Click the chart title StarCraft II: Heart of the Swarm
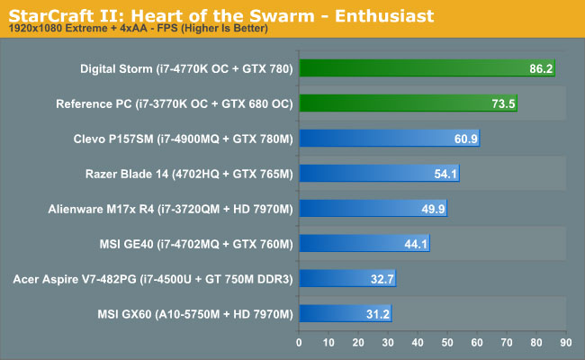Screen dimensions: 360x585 click(218, 15)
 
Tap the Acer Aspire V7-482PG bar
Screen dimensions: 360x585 click(347, 279)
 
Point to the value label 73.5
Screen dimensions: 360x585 click(504, 103)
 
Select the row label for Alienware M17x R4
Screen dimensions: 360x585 click(171, 209)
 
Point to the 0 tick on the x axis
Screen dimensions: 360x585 click(300, 342)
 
